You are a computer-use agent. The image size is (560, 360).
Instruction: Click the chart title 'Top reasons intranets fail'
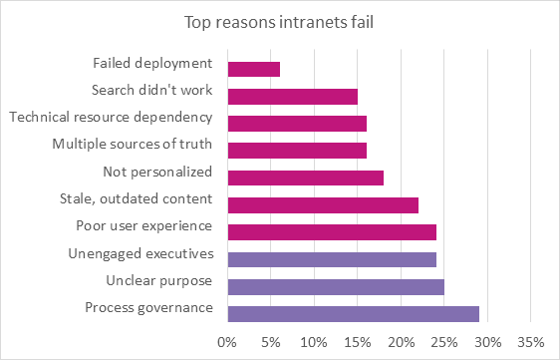click(280, 21)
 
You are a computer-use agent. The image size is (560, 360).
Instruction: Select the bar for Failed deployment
click(254, 70)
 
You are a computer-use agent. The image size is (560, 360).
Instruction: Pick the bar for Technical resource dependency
click(297, 124)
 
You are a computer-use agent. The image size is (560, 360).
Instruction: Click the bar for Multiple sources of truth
click(297, 151)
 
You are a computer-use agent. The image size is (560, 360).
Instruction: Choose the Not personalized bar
click(306, 179)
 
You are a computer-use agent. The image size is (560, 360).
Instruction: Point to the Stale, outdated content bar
click(323, 205)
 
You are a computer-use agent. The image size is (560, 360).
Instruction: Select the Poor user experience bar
click(332, 232)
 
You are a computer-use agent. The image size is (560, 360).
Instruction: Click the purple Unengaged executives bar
click(332, 259)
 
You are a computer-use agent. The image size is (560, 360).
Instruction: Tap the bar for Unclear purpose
click(336, 287)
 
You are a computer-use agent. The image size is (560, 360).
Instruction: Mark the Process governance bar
click(354, 314)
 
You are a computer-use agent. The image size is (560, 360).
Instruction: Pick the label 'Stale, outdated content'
click(137, 198)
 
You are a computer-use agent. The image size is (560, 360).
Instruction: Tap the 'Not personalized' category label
click(157, 172)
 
